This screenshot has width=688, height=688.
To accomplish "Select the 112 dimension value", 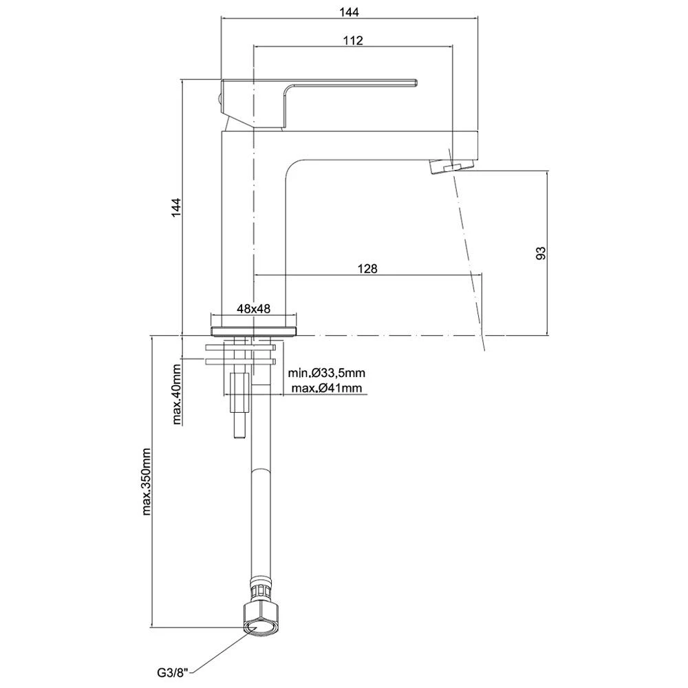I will coord(352,40).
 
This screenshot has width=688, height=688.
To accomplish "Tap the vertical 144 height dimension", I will coord(175,208).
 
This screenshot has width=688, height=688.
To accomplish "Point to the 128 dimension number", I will coord(368,268).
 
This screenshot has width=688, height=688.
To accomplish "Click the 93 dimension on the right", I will coord(541,252).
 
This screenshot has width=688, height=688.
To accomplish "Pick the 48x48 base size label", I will coord(252,310).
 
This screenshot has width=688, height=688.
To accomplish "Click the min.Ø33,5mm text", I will coord(326,373).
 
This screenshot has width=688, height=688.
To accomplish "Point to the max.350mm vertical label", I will coord(146,481).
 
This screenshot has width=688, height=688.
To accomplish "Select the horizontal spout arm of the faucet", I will coord(385,145).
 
